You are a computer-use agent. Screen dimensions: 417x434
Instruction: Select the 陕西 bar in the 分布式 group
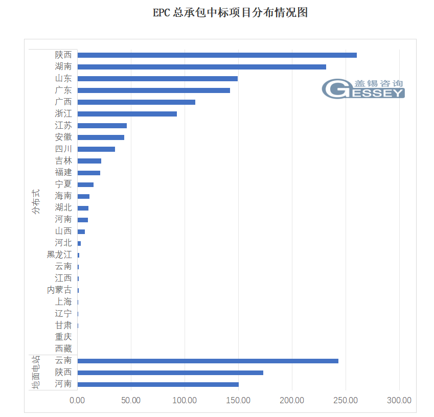[217, 55]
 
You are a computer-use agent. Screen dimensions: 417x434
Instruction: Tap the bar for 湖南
[201, 66]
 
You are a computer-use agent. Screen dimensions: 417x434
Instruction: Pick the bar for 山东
[157, 78]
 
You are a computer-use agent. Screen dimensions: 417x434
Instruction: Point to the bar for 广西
[136, 102]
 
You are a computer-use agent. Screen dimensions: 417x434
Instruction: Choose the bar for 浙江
[127, 113]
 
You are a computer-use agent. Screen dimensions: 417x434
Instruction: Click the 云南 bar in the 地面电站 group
[208, 361]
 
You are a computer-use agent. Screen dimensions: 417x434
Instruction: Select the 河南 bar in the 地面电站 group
[158, 384]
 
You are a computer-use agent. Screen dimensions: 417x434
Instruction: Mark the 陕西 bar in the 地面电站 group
[170, 373]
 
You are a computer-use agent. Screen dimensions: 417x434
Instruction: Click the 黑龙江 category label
[59, 254]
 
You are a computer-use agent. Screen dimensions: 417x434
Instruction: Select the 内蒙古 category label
[59, 290]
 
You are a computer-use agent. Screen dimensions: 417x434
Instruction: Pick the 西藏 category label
[63, 349]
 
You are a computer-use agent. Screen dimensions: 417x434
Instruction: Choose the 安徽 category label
[63, 137]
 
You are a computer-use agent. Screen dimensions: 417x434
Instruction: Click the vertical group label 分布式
[35, 202]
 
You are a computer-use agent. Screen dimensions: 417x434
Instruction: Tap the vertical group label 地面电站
[36, 373]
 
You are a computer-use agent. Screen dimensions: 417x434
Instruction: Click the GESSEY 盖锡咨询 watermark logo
[363, 88]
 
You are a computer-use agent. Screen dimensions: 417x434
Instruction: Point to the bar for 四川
[96, 149]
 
